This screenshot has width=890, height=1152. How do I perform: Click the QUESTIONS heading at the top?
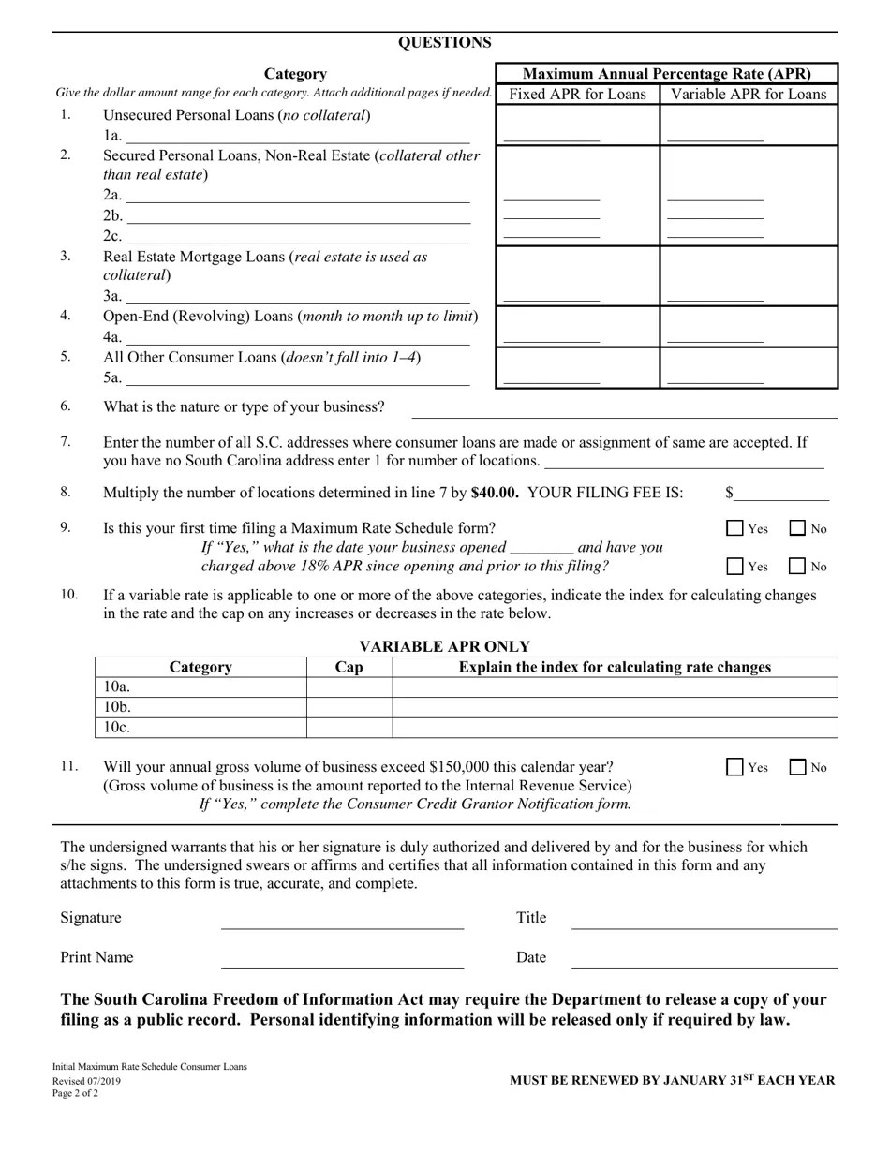coord(444,43)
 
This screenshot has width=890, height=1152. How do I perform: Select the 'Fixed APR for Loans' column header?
coord(577,94)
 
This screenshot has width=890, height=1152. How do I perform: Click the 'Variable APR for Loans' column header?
coord(749,94)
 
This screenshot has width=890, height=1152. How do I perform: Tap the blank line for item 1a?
coord(297,137)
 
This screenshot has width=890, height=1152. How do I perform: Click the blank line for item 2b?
coord(297,216)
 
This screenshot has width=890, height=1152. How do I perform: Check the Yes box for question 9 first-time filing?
coord(735,528)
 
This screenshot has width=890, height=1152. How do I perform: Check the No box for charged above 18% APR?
coord(797,566)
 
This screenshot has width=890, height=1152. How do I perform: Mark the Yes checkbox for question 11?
coord(735,767)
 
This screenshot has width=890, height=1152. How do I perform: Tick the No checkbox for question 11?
coord(797,767)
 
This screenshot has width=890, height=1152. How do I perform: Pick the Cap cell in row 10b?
coord(349,707)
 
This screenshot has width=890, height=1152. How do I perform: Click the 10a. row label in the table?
coord(117,687)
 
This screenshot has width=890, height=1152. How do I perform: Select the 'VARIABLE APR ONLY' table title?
coord(444,646)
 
